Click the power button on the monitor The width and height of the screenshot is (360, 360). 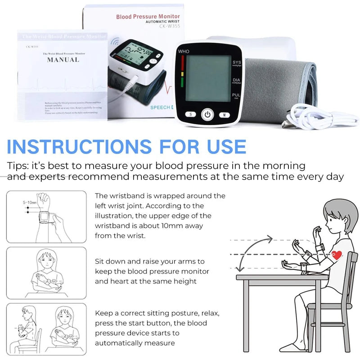coord(207,114)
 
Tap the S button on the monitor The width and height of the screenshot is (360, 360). coord(190,114)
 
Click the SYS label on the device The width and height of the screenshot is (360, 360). coord(236,62)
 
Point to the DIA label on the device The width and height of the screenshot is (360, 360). coord(236,80)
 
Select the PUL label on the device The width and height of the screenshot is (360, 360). coord(236,95)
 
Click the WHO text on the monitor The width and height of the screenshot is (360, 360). coord(184,51)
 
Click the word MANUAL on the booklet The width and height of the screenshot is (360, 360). coord(63,59)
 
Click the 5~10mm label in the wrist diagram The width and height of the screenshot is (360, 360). coord(30,202)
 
